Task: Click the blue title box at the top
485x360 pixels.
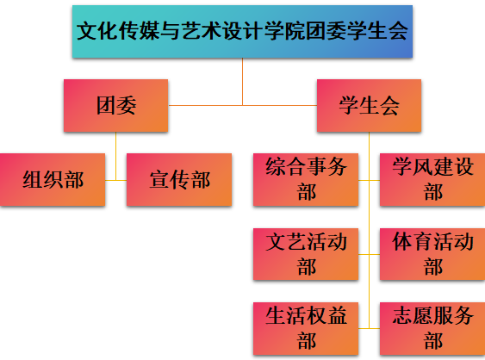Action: point(243,31)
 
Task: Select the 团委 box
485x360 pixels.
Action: point(116,105)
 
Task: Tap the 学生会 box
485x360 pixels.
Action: point(369,105)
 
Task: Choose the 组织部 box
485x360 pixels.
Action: point(53,180)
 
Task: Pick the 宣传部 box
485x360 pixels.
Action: point(179,180)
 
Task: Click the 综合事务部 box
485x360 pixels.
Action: point(306,180)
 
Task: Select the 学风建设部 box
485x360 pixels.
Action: point(432,180)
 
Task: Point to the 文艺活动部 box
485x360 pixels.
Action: point(306,254)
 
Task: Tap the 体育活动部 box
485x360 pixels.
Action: point(432,254)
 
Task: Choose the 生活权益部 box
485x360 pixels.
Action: point(306,328)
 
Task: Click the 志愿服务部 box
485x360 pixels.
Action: point(432,328)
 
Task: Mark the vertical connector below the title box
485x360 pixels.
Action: point(243,82)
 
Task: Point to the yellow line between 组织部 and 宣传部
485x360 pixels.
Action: point(116,180)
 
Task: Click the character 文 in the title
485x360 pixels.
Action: point(87,31)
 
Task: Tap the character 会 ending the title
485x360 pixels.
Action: point(398,31)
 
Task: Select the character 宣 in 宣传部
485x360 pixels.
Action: point(159,180)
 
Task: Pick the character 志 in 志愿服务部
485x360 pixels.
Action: point(402,315)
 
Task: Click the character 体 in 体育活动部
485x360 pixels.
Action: point(402,241)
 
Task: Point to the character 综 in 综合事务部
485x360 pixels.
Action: point(276,167)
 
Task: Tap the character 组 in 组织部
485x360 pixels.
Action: point(33,180)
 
